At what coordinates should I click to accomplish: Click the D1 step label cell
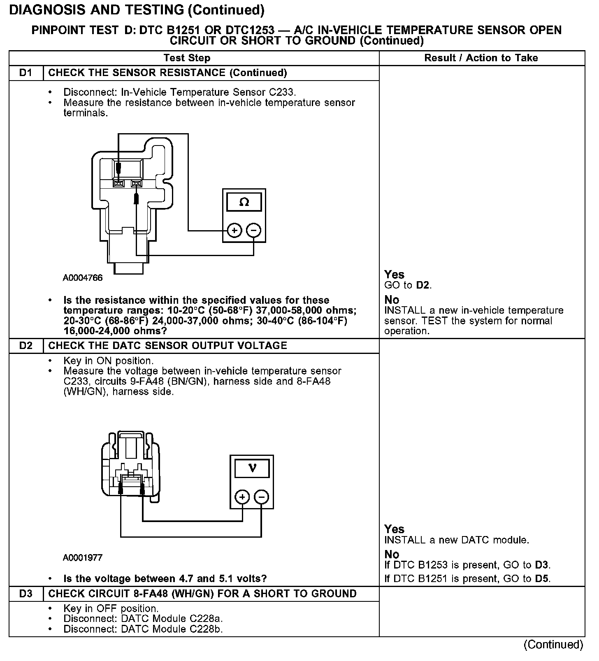pos(26,73)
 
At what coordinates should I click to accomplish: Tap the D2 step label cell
pos(26,345)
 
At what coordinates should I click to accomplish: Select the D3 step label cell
pos(26,594)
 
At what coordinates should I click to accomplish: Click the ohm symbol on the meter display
pos(244,202)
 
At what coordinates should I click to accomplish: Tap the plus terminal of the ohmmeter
pos(234,230)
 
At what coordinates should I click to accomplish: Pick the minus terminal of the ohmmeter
pos(253,230)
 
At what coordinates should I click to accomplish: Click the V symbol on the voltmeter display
pos(252,468)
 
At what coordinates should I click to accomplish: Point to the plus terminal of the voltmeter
pos(242,497)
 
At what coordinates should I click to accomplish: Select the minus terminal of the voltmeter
pos(262,497)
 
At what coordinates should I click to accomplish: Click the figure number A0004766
pos(83,278)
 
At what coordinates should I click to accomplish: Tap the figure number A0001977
pos(83,558)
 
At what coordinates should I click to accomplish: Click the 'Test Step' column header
pos(187,58)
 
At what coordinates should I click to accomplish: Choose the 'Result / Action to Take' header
pos(481,58)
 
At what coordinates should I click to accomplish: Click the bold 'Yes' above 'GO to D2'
pos(394,275)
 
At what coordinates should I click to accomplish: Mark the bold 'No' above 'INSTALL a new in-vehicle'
pos(392,300)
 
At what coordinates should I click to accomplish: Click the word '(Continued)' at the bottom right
pos(553,645)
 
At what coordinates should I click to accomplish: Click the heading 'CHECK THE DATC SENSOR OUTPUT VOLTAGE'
pos(167,345)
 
